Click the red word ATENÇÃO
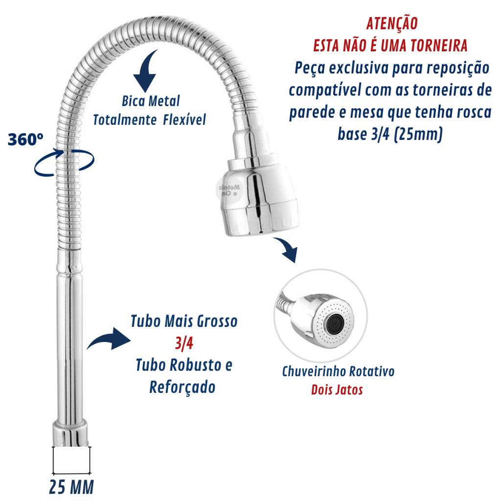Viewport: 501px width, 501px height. click(x=392, y=23)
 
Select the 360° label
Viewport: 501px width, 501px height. click(x=25, y=139)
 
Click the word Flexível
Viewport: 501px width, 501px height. click(x=184, y=120)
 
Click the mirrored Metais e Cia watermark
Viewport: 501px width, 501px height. click(x=229, y=190)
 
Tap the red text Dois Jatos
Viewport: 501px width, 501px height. click(x=337, y=390)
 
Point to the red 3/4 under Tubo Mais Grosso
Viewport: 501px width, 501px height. click(x=184, y=343)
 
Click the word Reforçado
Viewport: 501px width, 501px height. click(x=182, y=387)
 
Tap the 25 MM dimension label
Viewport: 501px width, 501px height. click(x=71, y=487)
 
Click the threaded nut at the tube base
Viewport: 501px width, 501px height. click(x=70, y=434)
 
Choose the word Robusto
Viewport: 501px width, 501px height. click(x=195, y=365)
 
